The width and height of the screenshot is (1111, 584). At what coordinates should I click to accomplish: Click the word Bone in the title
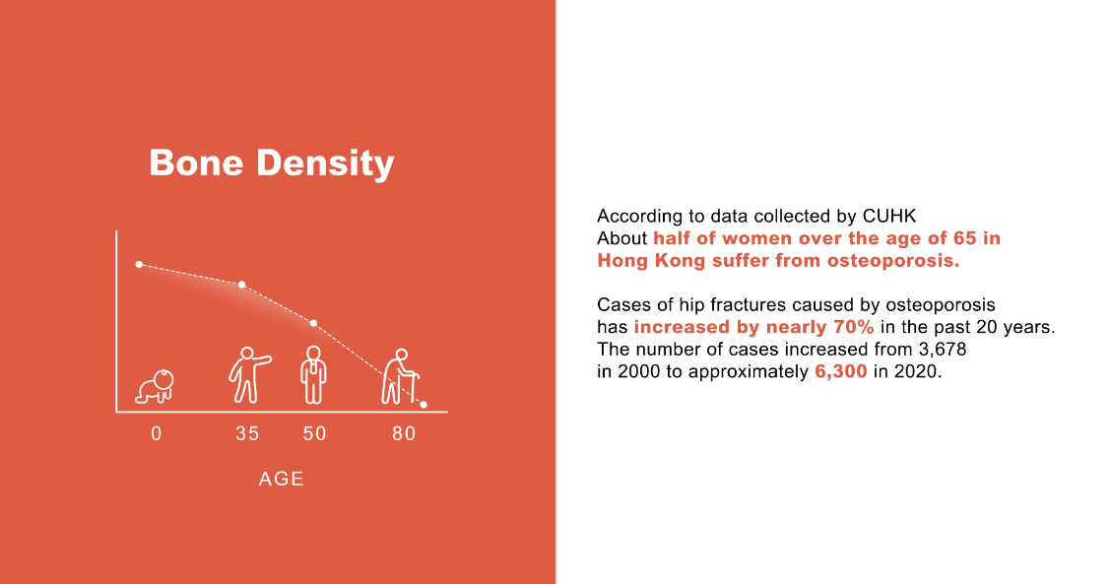[196, 163]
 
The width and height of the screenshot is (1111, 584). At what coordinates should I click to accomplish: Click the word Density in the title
[325, 165]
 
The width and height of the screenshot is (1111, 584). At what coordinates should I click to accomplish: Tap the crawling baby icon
[156, 387]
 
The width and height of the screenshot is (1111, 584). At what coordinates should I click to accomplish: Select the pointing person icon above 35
[249, 375]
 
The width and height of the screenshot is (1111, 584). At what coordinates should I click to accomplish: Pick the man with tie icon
[313, 375]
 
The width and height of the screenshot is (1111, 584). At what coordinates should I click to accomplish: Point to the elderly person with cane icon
[400, 376]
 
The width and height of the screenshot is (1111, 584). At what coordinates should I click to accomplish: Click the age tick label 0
[156, 433]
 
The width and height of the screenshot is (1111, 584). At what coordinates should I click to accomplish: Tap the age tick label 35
[247, 433]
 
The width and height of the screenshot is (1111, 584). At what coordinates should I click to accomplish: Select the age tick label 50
[314, 433]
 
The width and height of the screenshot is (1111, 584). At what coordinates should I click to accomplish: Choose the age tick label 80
[404, 433]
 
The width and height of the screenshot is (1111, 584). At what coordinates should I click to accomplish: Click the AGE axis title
[282, 479]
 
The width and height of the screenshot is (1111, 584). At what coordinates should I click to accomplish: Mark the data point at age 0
[139, 264]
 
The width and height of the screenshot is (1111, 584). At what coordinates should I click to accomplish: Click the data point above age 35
[242, 285]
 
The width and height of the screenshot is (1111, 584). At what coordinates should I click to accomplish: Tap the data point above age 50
[314, 323]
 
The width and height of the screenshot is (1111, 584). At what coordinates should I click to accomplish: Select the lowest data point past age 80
[424, 405]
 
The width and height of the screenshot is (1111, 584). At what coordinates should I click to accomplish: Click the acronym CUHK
[889, 216]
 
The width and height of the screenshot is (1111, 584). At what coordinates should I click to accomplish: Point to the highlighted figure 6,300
[841, 371]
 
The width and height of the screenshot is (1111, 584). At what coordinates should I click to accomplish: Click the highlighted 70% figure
[853, 327]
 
